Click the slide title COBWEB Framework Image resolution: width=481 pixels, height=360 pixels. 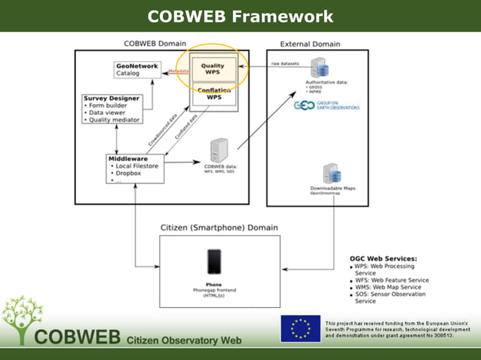click(x=240, y=16)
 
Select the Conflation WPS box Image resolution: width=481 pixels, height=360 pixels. click(x=213, y=94)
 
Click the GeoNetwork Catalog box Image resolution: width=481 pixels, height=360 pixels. click(x=137, y=69)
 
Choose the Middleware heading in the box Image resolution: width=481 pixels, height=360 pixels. click(x=129, y=159)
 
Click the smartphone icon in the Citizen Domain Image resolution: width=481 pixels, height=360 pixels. click(x=214, y=261)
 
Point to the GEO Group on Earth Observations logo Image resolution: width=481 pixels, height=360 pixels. click(x=326, y=106)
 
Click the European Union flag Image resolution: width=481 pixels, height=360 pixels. click(x=300, y=329)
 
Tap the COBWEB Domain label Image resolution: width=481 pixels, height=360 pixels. click(x=155, y=44)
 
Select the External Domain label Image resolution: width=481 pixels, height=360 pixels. click(x=310, y=44)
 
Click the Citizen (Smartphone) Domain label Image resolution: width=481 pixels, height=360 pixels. click(x=219, y=227)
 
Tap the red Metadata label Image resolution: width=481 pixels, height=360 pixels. click(x=178, y=71)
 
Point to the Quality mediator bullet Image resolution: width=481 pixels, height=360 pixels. click(x=118, y=119)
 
